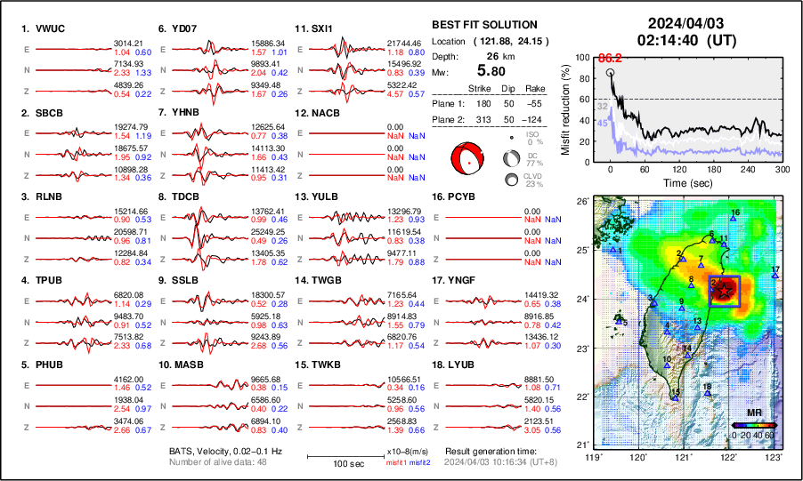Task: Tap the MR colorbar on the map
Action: coord(753,424)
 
